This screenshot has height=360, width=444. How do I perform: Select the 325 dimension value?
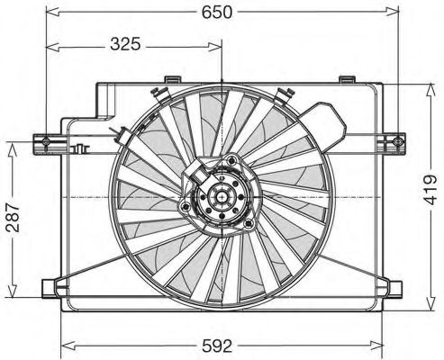(x=131, y=43)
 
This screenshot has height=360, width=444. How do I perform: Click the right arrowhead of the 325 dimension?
(x=216, y=43)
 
